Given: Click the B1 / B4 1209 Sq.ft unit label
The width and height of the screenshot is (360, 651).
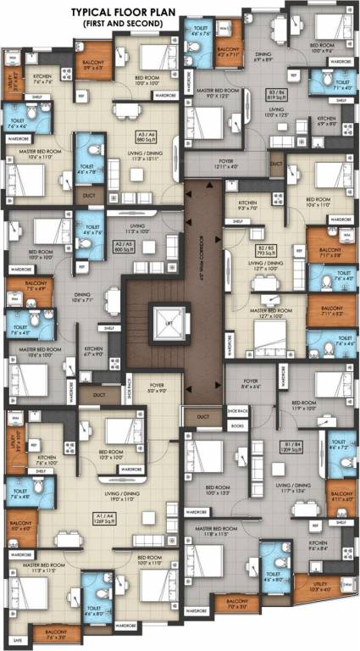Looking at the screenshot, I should [292, 445].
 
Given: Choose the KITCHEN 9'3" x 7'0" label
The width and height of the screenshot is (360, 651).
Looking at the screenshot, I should [247, 206].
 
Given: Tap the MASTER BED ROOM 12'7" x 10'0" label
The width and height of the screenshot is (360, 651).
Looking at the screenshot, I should [267, 313].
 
